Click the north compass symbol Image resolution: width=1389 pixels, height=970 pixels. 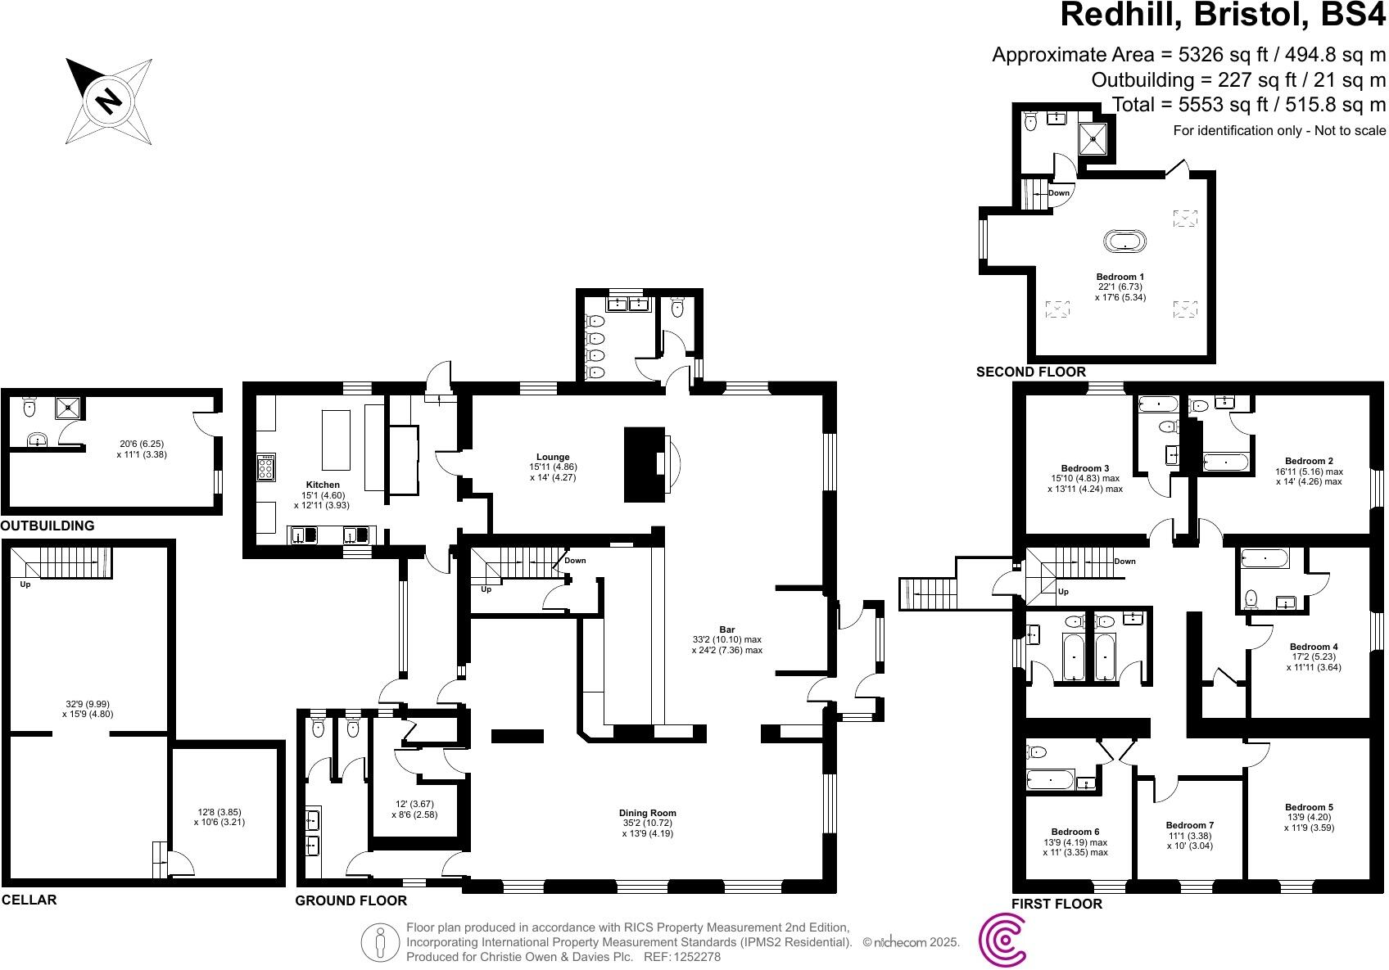point(109,101)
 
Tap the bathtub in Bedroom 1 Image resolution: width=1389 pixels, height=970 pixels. point(1125,241)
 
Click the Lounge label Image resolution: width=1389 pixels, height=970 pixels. point(553,457)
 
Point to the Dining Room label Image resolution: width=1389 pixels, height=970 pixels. point(647,813)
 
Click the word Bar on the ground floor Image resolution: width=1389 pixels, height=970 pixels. point(726,629)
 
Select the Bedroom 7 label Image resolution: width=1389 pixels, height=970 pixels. point(1189,824)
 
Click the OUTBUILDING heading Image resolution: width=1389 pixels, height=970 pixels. point(48,526)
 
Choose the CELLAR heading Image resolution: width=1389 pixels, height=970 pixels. point(29,900)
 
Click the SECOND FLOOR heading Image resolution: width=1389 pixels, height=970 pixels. point(1030,372)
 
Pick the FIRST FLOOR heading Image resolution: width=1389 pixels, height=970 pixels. point(1056,904)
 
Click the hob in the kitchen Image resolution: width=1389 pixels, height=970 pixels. point(266,468)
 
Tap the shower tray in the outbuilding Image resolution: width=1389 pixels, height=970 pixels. point(69,407)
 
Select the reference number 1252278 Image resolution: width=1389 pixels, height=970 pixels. point(695,956)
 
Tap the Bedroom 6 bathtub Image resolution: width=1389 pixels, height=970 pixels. point(1051,779)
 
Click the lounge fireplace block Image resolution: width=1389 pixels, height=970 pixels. point(643,464)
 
